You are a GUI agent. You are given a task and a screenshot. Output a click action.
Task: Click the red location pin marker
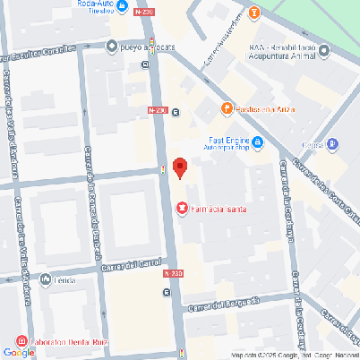coord(179,167)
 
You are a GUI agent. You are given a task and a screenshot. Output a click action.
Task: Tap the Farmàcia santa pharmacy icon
coord(182,209)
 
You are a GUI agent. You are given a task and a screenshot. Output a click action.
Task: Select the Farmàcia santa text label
coord(219,210)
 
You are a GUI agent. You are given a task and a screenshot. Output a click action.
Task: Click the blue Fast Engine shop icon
coord(258,141)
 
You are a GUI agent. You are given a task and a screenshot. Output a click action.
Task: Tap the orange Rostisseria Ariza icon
coord(227,108)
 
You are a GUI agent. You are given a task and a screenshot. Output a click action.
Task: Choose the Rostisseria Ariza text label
coord(269,109)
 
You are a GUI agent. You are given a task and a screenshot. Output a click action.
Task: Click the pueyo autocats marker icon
coord(111,46)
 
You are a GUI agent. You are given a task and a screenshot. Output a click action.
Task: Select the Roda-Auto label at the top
coord(95,5)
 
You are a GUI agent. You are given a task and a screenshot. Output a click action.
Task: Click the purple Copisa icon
coord(333,143)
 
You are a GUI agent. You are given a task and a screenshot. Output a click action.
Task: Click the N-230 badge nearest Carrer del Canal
coord(173,272)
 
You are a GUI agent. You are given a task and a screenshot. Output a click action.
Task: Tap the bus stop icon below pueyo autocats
coord(144,64)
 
